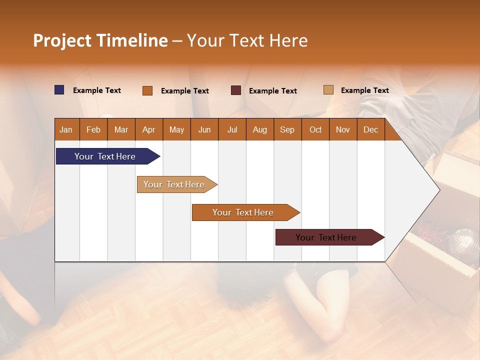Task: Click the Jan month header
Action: click(66, 130)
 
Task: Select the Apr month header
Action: click(148, 130)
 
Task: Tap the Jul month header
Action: click(232, 130)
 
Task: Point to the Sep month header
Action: click(287, 130)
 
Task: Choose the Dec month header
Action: click(370, 130)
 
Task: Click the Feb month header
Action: click(93, 130)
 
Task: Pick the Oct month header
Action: click(315, 130)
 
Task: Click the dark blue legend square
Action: click(59, 90)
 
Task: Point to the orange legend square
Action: click(147, 90)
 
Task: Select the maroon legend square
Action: click(236, 90)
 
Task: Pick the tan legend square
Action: click(328, 90)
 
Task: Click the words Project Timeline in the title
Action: click(100, 40)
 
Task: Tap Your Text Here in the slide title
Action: click(247, 40)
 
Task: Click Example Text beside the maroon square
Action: click(272, 91)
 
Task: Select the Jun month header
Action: click(204, 130)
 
